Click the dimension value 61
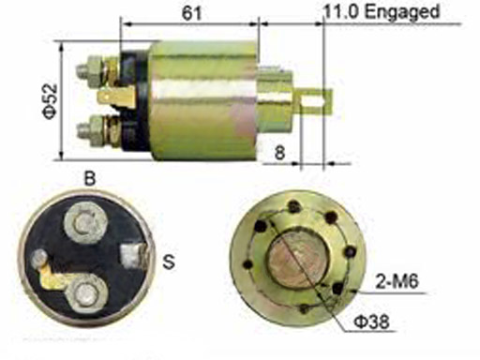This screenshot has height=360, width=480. [x=191, y=12]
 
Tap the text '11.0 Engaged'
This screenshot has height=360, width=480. [x=382, y=11]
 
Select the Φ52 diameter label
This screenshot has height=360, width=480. [x=50, y=101]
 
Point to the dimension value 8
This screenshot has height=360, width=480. [x=279, y=153]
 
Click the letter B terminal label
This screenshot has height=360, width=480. [x=90, y=179]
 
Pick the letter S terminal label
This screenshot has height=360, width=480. [x=169, y=262]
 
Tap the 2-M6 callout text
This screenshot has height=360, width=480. [x=397, y=281]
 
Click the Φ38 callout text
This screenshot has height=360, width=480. [x=372, y=322]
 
